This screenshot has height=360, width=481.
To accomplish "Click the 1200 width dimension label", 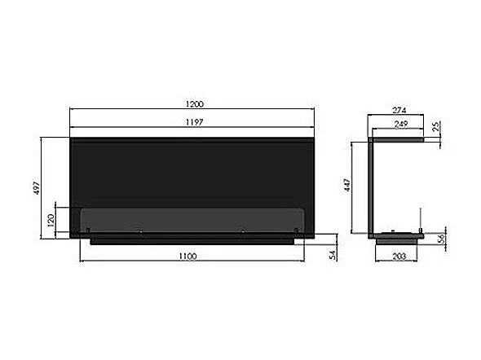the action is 195,104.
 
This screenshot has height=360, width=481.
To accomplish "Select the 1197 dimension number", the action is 195,122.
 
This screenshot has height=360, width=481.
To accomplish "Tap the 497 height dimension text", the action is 37,188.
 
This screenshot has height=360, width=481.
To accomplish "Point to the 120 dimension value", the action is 51,220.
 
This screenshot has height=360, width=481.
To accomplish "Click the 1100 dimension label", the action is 188,256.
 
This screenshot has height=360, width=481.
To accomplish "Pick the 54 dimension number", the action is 333,255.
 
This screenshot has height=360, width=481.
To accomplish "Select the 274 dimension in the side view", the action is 399,110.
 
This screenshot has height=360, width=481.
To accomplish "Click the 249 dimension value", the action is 400,124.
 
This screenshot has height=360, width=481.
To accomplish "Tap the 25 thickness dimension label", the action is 436,126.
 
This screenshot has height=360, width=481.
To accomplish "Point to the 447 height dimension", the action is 347,185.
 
